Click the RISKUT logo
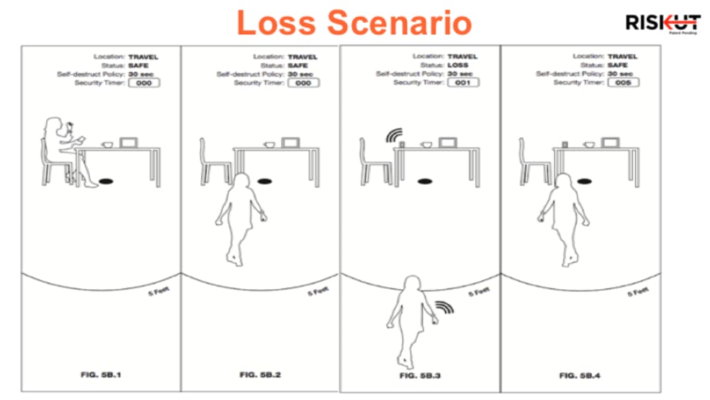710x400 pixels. (x=662, y=23)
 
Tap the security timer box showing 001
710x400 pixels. (x=463, y=82)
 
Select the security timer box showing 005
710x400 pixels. (x=623, y=82)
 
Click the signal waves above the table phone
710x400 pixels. (x=393, y=136)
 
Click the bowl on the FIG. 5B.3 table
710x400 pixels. (x=427, y=145)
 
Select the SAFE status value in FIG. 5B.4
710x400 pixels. (x=619, y=65)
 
